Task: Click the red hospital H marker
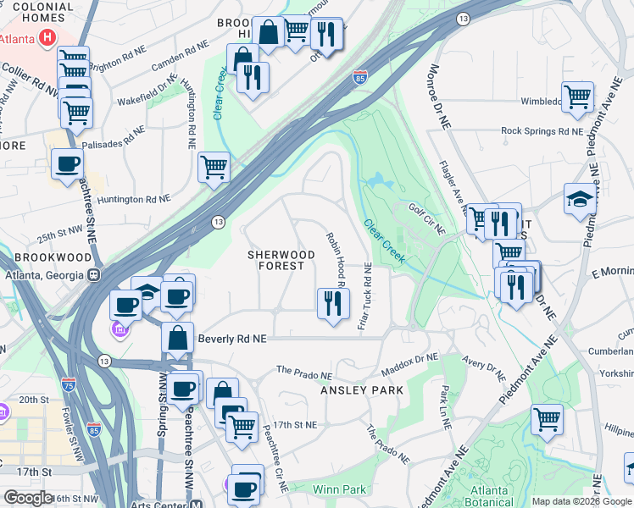pyautogui.click(x=48, y=38)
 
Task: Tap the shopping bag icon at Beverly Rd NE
pyautogui.click(x=178, y=337)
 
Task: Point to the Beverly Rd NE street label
pyautogui.click(x=231, y=339)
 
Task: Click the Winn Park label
pyautogui.click(x=339, y=489)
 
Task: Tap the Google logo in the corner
pyautogui.click(x=28, y=498)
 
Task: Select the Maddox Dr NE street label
pyautogui.click(x=410, y=367)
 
